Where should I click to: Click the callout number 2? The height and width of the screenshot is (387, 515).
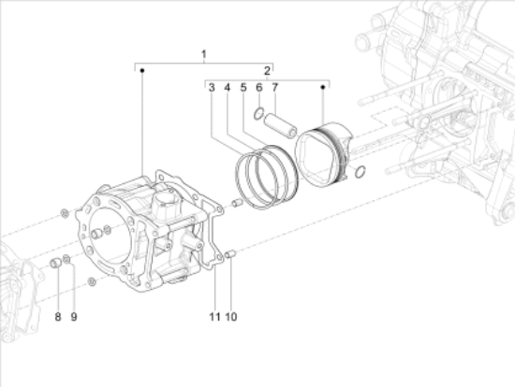(267, 71)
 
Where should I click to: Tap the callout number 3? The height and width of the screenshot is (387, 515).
(213, 88)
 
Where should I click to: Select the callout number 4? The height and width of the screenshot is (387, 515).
(228, 88)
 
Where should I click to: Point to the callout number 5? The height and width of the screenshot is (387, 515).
(243, 88)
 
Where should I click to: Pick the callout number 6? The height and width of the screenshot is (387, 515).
(259, 88)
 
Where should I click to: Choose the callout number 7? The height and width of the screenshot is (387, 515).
(275, 88)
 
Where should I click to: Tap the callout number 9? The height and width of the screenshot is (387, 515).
(73, 317)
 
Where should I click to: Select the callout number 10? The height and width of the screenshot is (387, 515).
(231, 317)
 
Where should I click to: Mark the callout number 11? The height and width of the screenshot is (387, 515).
(214, 317)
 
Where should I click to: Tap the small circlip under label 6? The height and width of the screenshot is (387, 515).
(259, 114)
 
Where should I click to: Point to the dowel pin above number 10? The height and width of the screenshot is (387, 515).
(231, 253)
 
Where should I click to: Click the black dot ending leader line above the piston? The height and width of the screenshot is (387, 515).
(324, 87)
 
